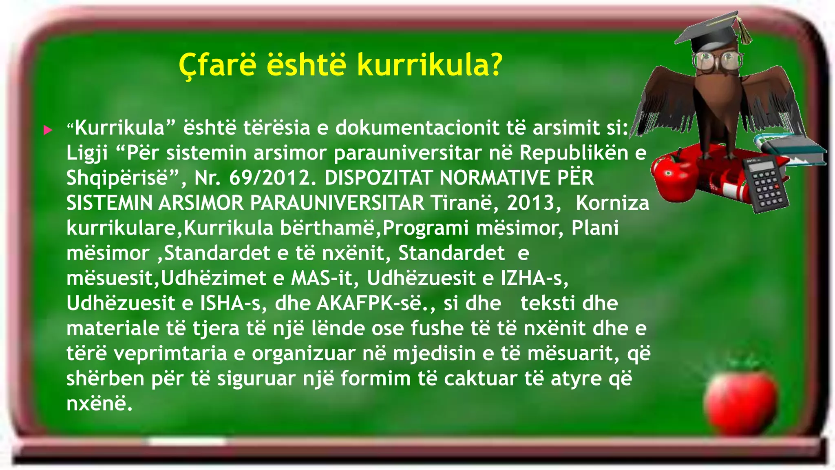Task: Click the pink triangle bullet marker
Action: [x=48, y=130]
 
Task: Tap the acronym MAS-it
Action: [x=321, y=278]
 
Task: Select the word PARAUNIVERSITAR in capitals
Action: [x=337, y=203]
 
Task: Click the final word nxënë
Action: [x=99, y=404]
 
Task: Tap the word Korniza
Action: [x=612, y=203]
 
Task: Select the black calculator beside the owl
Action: [x=766, y=184]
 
